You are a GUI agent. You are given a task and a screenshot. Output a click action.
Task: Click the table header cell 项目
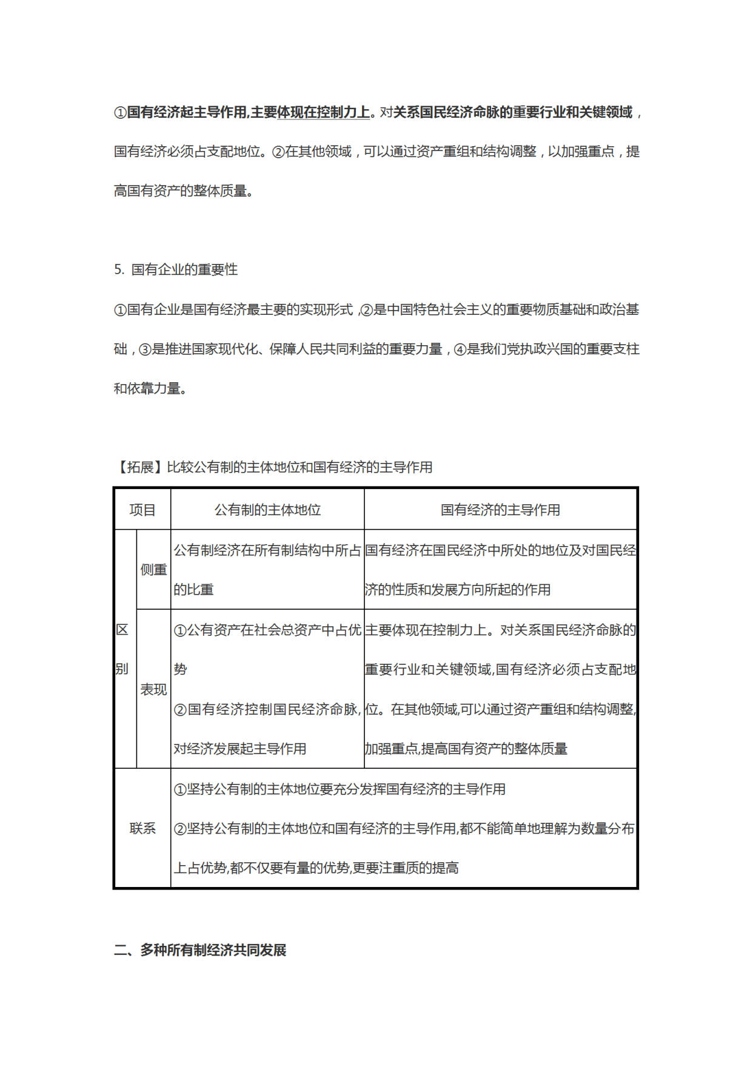(x=142, y=510)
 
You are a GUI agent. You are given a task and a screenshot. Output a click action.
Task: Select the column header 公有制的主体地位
(x=267, y=510)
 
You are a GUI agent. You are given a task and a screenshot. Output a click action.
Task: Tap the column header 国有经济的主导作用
(x=500, y=510)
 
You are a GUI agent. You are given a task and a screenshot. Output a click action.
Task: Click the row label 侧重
(x=153, y=570)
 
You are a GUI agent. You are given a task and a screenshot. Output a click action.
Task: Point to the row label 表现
(x=153, y=689)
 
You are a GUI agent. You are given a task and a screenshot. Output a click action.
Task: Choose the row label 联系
(x=142, y=828)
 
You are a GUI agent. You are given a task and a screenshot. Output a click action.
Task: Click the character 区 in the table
(x=122, y=630)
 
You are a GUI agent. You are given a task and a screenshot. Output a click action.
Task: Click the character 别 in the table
(x=122, y=669)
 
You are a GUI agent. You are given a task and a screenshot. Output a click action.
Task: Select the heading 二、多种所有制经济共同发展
(x=200, y=950)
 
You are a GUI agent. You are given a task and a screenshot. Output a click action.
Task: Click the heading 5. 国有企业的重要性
(x=176, y=269)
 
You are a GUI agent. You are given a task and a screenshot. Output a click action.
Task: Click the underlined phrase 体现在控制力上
(x=323, y=112)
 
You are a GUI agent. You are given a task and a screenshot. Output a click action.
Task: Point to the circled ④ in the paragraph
(x=460, y=349)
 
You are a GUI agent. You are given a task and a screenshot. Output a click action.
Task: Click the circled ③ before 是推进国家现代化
(x=145, y=349)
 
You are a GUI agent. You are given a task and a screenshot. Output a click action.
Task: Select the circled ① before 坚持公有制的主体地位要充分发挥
(x=180, y=789)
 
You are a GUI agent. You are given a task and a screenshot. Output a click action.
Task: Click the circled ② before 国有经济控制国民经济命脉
(x=180, y=709)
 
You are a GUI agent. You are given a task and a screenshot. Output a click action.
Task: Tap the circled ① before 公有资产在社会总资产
(x=180, y=630)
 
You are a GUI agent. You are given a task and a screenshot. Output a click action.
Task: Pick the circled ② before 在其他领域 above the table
(x=278, y=152)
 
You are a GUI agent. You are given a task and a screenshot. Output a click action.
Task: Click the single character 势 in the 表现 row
(x=180, y=669)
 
